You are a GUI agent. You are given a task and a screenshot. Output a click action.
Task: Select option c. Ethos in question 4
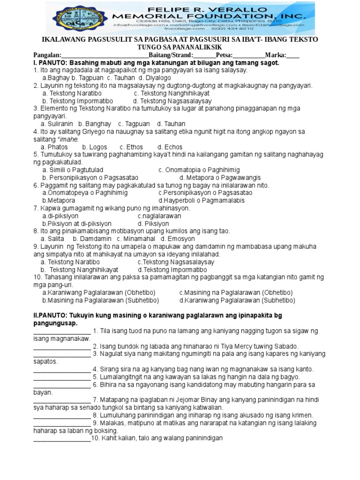[132, 147]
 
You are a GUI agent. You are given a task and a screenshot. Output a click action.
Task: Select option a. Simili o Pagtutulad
[73, 170]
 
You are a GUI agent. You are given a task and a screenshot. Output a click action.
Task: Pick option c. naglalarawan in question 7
[159, 216]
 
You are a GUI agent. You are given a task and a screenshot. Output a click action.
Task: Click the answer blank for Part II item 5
[62, 377]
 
